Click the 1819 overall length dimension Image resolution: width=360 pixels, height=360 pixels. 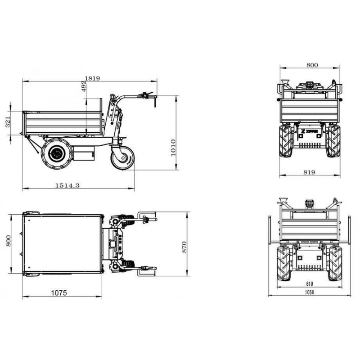point(92,78)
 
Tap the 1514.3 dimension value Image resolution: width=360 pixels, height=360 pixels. point(67,185)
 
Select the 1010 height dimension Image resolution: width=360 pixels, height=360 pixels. point(173,148)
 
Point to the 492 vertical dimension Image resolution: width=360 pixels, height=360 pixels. point(84,86)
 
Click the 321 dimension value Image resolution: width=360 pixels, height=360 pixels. point(8,122)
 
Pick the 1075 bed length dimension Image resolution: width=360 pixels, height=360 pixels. point(59,293)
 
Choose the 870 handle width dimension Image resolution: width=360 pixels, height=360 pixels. point(184,247)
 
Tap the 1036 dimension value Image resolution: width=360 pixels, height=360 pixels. point(309,292)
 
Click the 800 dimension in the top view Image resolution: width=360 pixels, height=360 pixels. point(8,241)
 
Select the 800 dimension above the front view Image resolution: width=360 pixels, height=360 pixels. point(312,65)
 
